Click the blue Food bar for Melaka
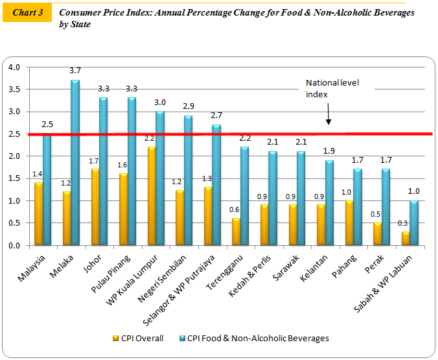75,162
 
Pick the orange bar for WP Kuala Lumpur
151,195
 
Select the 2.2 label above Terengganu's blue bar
244,138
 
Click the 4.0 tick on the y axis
14,67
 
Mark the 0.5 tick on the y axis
14,224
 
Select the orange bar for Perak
376,234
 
